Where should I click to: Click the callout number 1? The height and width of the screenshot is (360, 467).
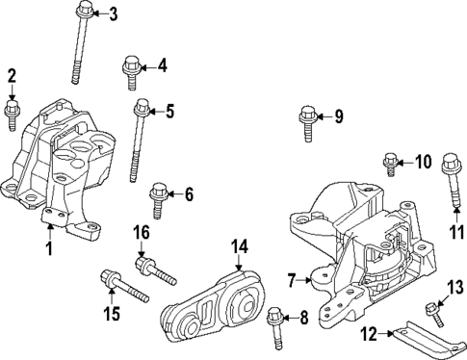click(48, 250)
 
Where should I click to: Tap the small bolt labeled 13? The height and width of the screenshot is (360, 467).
click(431, 312)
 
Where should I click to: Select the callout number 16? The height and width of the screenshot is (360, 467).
click(140, 234)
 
